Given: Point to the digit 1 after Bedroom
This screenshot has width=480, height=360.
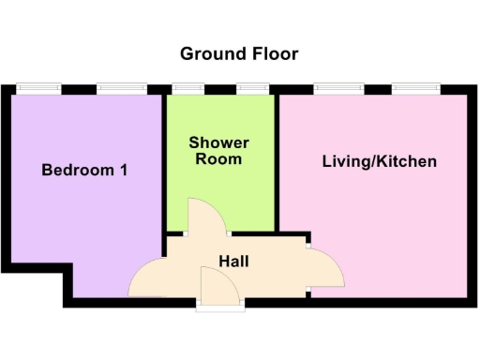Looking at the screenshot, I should click(x=124, y=171).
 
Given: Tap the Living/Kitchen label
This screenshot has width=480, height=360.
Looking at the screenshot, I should click(x=379, y=161).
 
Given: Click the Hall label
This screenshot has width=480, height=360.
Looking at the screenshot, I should click(x=233, y=261).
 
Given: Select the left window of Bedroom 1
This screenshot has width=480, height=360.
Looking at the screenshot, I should click(x=37, y=89).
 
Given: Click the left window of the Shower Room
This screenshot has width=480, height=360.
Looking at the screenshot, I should click(x=188, y=89).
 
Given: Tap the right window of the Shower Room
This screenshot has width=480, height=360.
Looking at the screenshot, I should click(x=252, y=89).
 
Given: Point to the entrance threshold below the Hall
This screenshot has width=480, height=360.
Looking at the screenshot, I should click(x=220, y=304).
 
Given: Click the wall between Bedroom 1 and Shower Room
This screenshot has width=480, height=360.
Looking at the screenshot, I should click(x=165, y=159).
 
